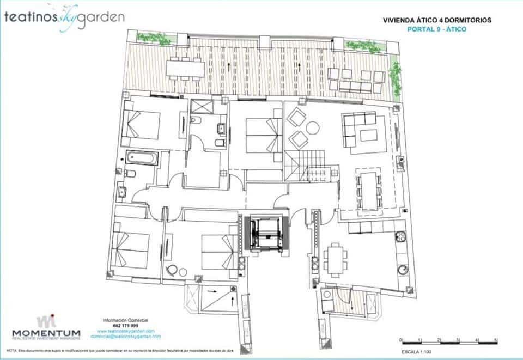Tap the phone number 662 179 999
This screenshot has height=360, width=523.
125,326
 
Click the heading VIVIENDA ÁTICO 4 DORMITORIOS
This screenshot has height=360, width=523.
437,20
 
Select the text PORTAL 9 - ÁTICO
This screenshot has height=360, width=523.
437,29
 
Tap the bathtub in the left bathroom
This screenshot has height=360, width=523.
142,158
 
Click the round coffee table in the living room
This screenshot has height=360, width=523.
313,128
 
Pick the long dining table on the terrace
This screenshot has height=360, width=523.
186,68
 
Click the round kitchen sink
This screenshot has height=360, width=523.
404,269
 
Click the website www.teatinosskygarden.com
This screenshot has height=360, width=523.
126,331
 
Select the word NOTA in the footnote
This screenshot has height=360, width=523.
11,350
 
